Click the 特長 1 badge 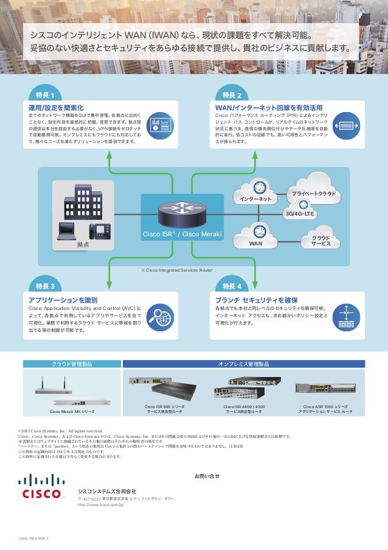click(x=45, y=95)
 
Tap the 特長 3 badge click(x=45, y=286)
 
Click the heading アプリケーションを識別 click(x=63, y=300)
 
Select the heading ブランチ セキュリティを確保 click(x=256, y=300)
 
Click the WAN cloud click(x=256, y=236)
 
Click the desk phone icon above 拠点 click(x=96, y=232)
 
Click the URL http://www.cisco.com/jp click(x=100, y=506)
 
